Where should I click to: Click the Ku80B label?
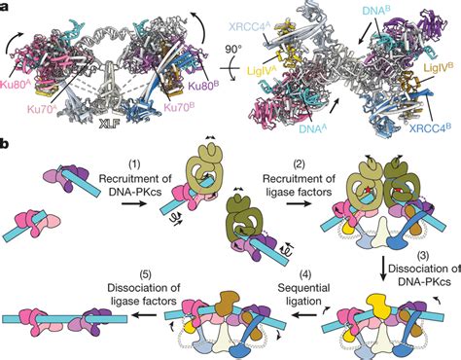(x=203, y=87)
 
